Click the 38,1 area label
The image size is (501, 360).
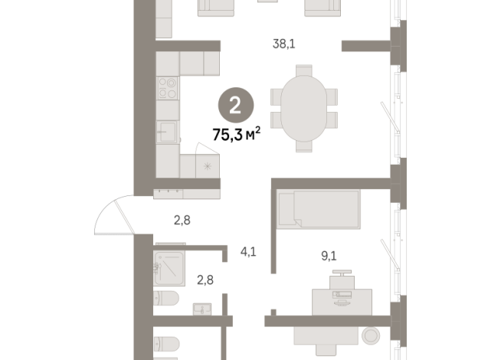click(x=284, y=44)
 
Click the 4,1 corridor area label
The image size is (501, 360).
click(x=248, y=250)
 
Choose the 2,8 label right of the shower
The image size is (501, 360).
click(x=205, y=280)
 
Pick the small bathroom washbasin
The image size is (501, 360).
click(x=201, y=309)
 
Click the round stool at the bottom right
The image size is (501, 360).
click(x=372, y=336)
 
